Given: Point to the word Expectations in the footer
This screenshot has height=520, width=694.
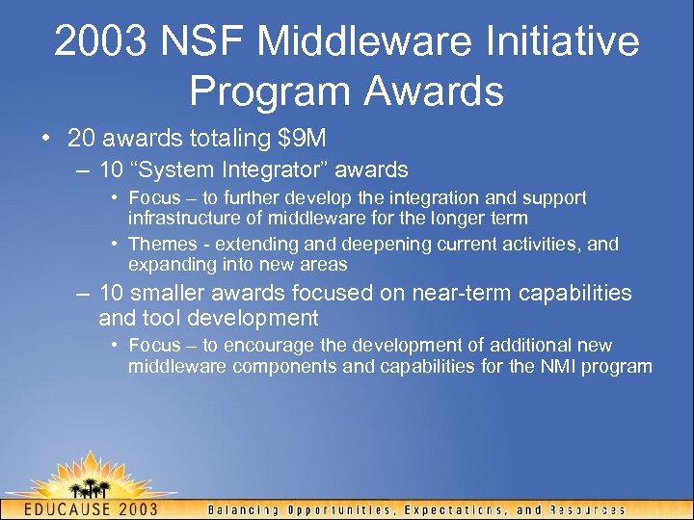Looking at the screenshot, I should (461, 509).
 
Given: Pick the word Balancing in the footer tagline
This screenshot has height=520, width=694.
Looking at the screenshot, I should (245, 509).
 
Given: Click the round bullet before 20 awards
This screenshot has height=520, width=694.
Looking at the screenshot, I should (46, 139).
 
